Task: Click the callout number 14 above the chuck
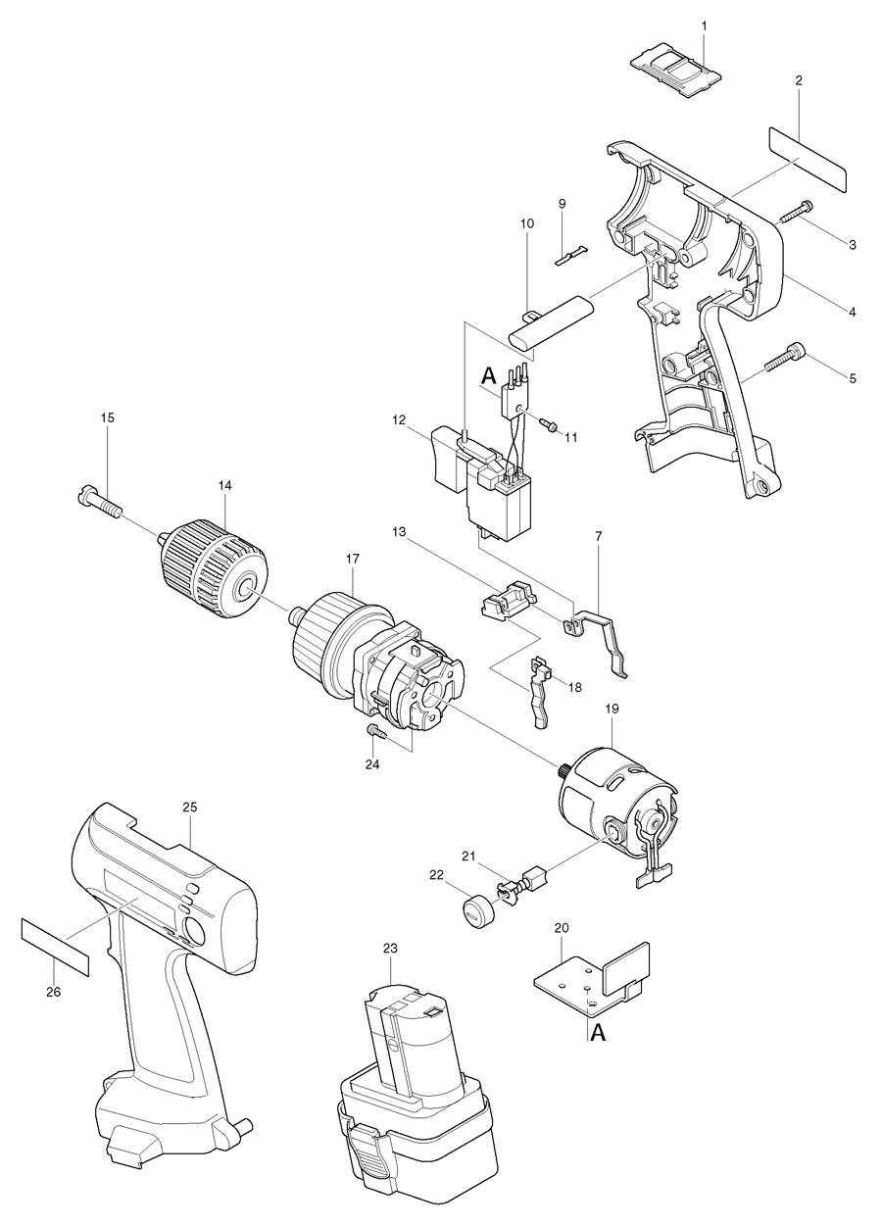tap(225, 485)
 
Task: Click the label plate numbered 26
tap(55, 947)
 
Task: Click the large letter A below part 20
tap(597, 1033)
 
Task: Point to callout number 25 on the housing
tap(190, 807)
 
